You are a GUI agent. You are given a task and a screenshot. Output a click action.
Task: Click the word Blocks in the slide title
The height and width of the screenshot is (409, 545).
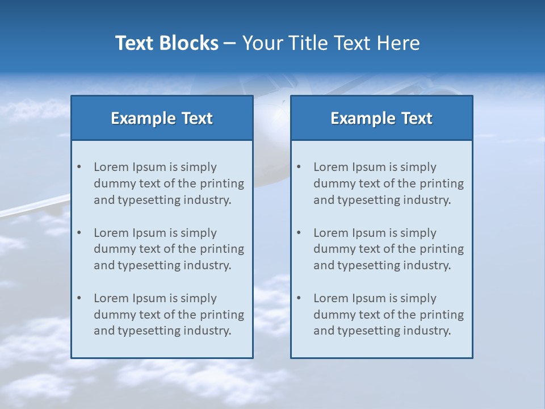click(x=190, y=43)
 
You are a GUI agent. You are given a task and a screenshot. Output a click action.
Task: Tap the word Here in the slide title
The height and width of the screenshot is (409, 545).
click(x=397, y=43)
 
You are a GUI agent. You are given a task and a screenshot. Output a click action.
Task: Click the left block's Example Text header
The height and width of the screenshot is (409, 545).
click(x=162, y=118)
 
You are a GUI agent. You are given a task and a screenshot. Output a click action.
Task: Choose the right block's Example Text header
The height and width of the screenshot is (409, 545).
click(x=381, y=118)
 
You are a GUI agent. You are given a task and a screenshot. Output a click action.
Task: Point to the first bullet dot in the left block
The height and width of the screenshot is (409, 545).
click(x=79, y=167)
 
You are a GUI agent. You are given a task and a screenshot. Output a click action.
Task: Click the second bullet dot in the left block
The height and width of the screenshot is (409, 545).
click(x=79, y=233)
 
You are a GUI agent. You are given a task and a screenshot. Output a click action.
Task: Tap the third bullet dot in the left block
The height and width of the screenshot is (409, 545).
click(x=79, y=298)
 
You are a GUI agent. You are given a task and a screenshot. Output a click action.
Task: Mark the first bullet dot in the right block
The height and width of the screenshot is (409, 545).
click(x=299, y=167)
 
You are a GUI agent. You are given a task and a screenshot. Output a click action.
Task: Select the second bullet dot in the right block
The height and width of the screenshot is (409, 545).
click(x=299, y=233)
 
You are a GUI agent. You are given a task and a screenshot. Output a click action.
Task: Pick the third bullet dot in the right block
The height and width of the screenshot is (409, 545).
click(x=299, y=298)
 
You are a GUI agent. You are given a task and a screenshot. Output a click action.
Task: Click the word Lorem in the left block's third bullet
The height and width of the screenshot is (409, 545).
click(x=111, y=298)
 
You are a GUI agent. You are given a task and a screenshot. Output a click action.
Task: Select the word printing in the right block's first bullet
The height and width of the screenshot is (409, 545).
click(x=442, y=183)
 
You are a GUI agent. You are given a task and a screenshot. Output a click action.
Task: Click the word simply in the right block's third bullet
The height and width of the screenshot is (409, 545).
click(x=418, y=298)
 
